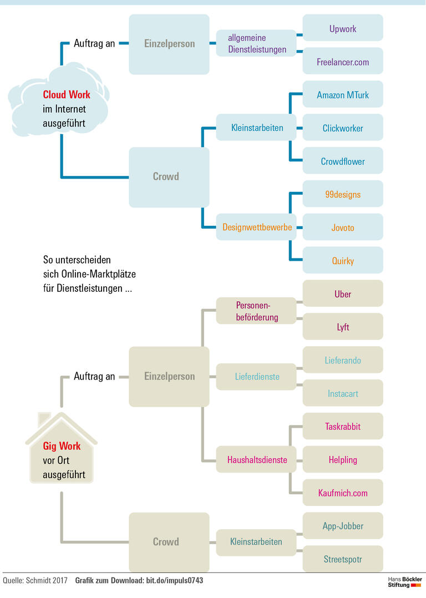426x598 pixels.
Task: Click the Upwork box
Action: [343, 28]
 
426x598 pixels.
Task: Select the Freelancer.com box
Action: [343, 62]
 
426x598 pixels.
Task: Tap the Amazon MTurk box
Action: [343, 95]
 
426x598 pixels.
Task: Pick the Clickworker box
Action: [343, 128]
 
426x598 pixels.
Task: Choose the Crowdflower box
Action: [343, 161]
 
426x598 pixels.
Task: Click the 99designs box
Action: [343, 194]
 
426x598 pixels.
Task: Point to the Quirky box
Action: [343, 261]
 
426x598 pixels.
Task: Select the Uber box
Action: [343, 294]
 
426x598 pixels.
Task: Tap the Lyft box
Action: [343, 327]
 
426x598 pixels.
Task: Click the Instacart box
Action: [343, 393]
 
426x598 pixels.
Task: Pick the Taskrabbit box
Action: [343, 427]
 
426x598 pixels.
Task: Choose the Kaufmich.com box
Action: [343, 493]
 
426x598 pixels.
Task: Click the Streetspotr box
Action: [343, 559]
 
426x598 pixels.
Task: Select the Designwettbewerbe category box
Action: [256, 227]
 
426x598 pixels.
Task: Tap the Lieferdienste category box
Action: [256, 377]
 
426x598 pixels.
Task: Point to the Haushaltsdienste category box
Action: [256, 459]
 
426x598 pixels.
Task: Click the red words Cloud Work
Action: [67, 95]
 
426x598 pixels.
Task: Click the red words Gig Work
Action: [62, 446]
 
